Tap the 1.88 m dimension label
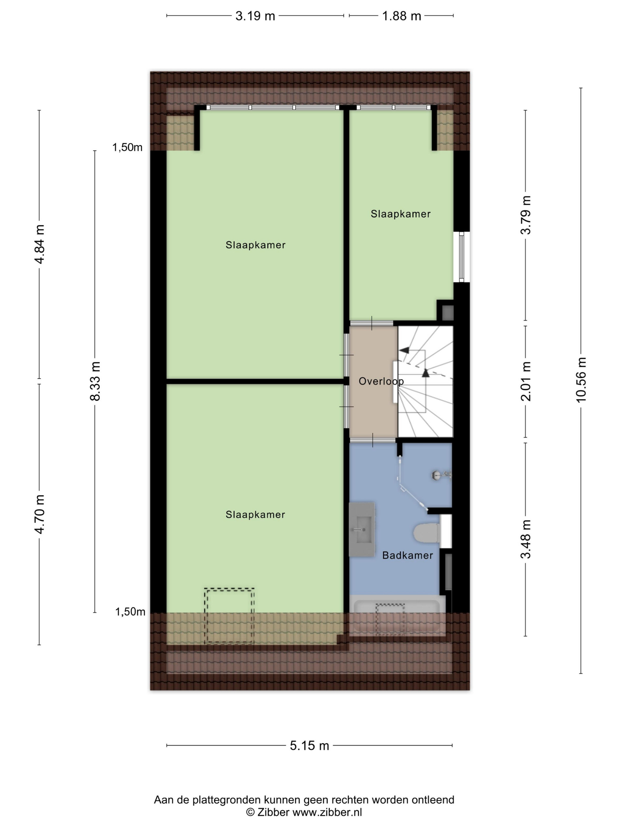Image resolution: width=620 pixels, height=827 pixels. pos(401,16)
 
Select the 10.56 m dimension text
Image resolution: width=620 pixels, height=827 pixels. pos(581,380)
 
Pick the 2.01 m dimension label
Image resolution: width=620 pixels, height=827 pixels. pos(526,381)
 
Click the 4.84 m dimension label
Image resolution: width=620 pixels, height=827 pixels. pos(39,244)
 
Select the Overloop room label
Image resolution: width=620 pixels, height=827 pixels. pos(381,381)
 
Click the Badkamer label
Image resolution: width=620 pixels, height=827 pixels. pos(407,555)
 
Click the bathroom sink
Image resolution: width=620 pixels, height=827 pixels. pos(362,529)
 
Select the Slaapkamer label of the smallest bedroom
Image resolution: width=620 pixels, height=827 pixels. pos(401,214)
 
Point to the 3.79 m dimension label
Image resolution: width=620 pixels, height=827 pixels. pos(526,215)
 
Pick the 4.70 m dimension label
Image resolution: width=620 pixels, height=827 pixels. pos(39,514)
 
